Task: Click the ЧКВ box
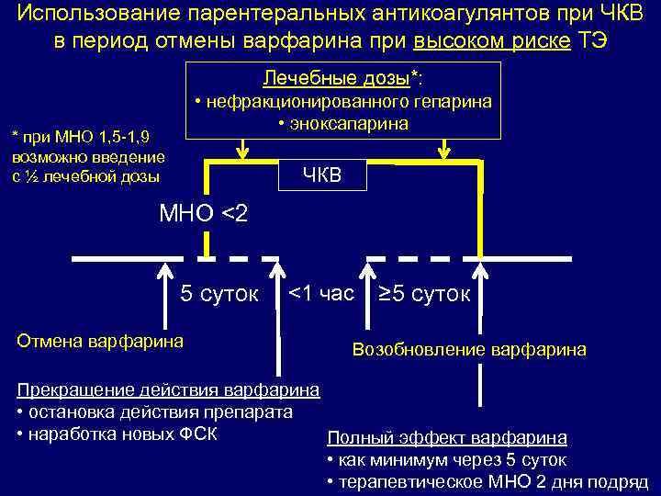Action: [321, 175]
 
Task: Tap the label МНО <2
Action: [203, 214]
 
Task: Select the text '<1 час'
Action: [320, 294]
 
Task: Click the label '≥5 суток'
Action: [424, 295]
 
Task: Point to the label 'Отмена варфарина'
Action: [100, 341]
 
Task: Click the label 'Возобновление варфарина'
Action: [469, 349]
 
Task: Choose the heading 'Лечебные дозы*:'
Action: [343, 75]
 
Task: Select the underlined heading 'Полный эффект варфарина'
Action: [447, 438]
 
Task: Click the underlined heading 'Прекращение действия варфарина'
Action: [168, 390]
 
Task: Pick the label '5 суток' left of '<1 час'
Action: [219, 295]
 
